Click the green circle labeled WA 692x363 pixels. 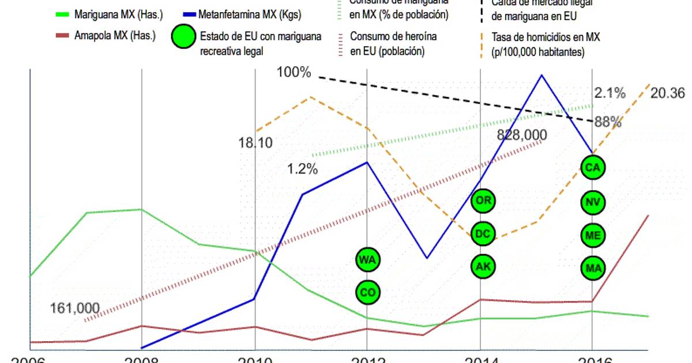[367, 260]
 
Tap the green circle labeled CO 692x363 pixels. [367, 292]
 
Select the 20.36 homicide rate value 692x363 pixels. [667, 93]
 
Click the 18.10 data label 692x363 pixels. [255, 142]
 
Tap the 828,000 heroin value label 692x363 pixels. [522, 134]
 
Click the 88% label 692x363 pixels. [608, 122]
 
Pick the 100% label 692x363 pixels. [294, 73]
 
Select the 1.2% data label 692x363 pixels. [303, 169]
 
